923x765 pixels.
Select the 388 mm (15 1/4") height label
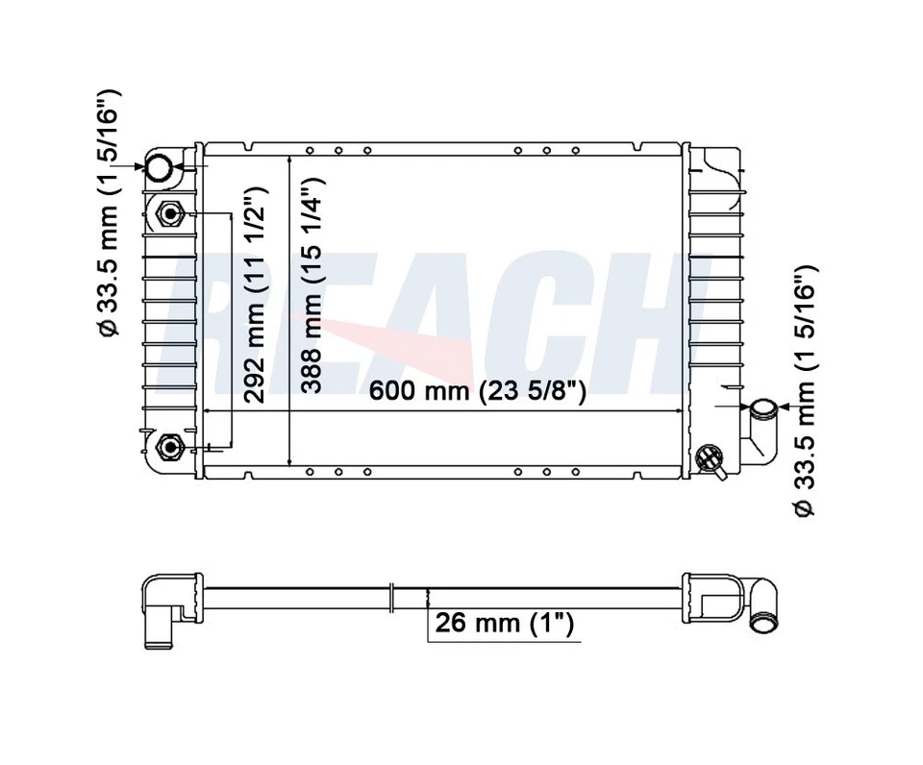[x=312, y=284]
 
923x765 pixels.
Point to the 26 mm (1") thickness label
[x=505, y=623]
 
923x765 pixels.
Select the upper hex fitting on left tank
[x=170, y=213]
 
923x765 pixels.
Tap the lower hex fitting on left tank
[x=170, y=446]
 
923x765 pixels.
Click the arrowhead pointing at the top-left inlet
[x=139, y=168]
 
